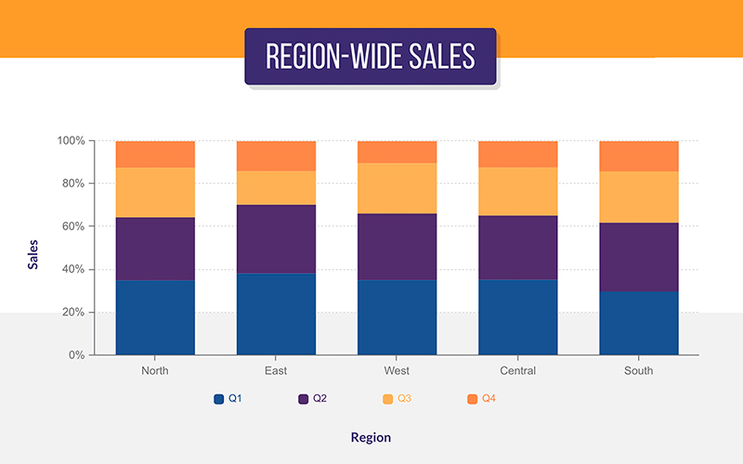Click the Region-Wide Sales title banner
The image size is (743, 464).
pyautogui.click(x=370, y=57)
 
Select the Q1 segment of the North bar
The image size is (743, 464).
pyautogui.click(x=155, y=316)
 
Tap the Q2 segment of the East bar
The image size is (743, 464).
pyautogui.click(x=276, y=238)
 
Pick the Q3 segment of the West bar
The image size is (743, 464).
pyautogui.click(x=397, y=188)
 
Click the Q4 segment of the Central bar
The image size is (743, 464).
pyautogui.click(x=517, y=154)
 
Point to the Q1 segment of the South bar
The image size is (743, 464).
pyautogui.click(x=639, y=323)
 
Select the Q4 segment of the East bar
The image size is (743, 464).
pyautogui.click(x=276, y=156)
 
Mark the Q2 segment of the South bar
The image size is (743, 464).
pyautogui.click(x=639, y=257)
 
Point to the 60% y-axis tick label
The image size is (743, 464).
pyautogui.click(x=73, y=226)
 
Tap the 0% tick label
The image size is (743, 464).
pyautogui.click(x=77, y=355)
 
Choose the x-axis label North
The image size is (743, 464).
pyautogui.click(x=155, y=371)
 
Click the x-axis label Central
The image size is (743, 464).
pyautogui.click(x=517, y=371)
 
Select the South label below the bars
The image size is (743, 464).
pyautogui.click(x=639, y=371)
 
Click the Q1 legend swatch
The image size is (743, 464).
pyautogui.click(x=219, y=399)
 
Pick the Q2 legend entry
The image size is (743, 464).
pyautogui.click(x=312, y=399)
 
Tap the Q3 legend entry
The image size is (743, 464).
pyautogui.click(x=397, y=399)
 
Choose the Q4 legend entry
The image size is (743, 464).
pyautogui.click(x=481, y=399)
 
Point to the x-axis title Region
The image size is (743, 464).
pyautogui.click(x=371, y=437)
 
